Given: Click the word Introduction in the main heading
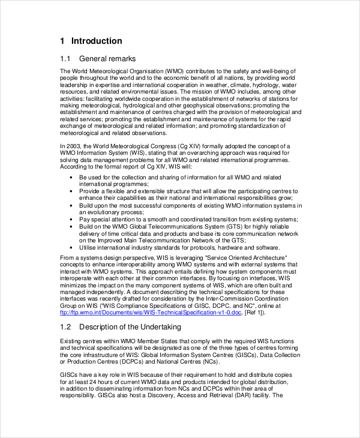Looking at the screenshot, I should click(x=97, y=41).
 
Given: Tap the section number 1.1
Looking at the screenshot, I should click(x=66, y=59).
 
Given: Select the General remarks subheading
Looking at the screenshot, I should click(x=107, y=59).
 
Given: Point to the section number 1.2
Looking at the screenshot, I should click(x=66, y=326).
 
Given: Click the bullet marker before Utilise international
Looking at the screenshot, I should click(x=71, y=248).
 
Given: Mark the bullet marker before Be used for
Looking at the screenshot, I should click(x=71, y=178).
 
